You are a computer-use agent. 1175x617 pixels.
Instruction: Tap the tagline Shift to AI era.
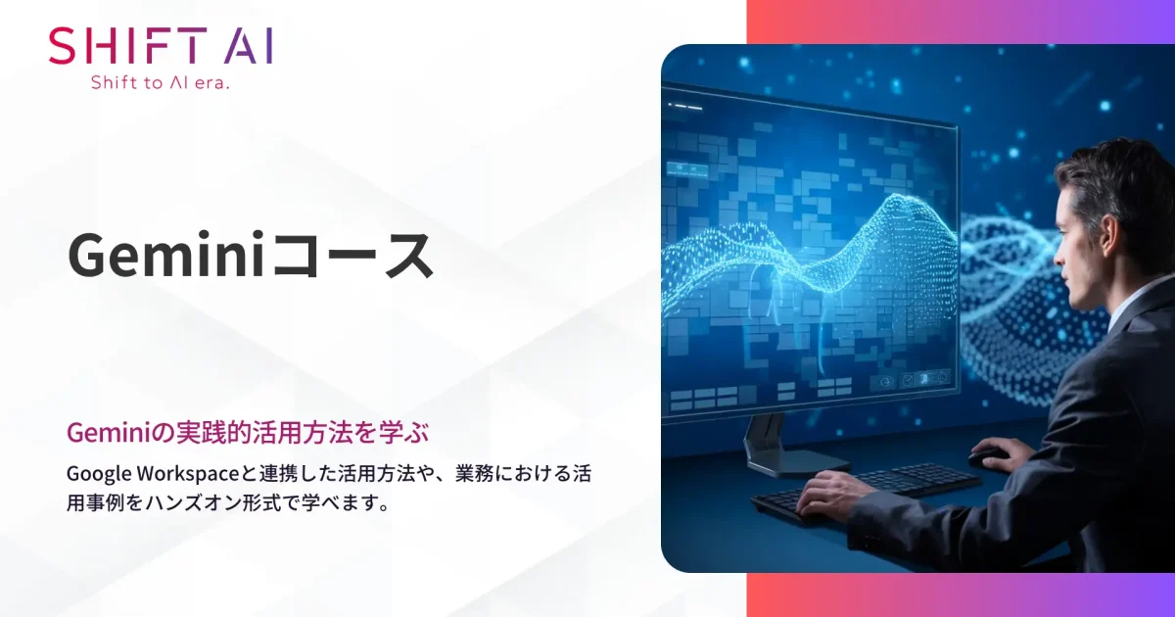tap(160, 83)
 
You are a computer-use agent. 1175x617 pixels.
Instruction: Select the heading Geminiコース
tap(251, 258)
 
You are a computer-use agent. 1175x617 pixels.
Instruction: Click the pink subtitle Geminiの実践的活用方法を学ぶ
tap(249, 431)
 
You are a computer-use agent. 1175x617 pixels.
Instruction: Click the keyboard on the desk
tap(871, 489)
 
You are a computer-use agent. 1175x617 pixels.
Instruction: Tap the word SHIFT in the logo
tap(127, 46)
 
